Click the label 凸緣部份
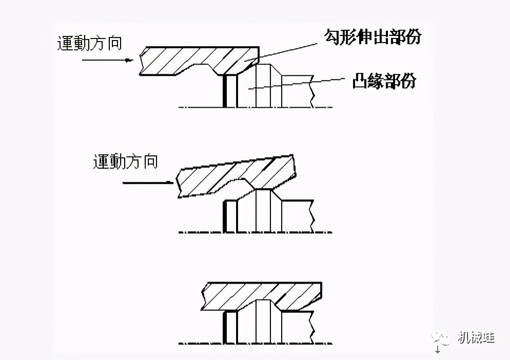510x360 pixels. tap(383, 81)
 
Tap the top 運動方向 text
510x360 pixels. tap(89, 43)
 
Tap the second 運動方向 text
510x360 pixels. tap(125, 162)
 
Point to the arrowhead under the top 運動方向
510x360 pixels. tap(128, 61)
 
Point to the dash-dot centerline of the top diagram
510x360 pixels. tap(257, 107)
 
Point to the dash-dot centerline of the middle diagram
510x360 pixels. tap(257, 232)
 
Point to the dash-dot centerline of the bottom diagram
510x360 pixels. tap(257, 343)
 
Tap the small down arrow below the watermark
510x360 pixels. tap(438, 351)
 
